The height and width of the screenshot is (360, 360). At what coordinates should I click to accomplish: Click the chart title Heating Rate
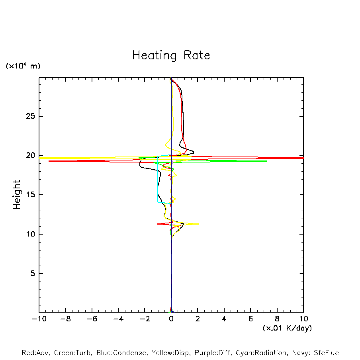click(171, 55)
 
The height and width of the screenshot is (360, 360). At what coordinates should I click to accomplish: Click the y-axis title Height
click(17, 195)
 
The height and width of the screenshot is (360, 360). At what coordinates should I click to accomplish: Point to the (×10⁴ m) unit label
click(23, 66)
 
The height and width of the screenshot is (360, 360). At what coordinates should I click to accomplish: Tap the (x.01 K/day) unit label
click(287, 328)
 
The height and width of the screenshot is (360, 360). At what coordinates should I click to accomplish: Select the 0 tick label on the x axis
click(171, 319)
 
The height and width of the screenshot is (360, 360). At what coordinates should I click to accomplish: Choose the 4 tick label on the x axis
click(224, 319)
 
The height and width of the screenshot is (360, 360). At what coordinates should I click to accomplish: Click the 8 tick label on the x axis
click(277, 319)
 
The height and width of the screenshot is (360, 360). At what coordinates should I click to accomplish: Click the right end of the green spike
click(266, 161)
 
